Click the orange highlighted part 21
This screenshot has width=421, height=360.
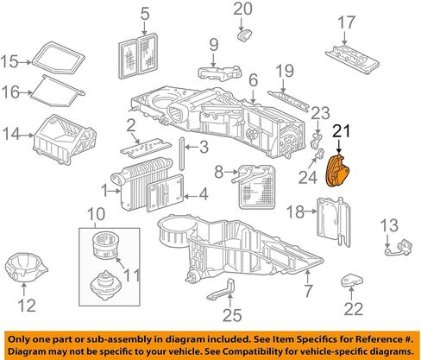[x=337, y=171]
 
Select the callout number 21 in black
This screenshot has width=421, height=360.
[x=342, y=131]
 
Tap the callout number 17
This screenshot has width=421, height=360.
[x=346, y=22]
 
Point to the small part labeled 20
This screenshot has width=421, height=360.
[x=245, y=35]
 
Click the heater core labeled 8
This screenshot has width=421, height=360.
[x=254, y=187]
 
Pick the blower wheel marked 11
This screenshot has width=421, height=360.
[x=105, y=245]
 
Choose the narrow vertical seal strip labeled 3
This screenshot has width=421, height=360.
[x=182, y=155]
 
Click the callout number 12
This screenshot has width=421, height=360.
[x=27, y=306]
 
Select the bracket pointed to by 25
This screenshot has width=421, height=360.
[x=223, y=290]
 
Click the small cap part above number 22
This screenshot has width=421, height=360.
[x=351, y=280]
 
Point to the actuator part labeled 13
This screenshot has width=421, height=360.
[x=399, y=247]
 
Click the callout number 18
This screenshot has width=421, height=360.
[x=295, y=212]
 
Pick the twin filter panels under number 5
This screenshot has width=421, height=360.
[x=139, y=56]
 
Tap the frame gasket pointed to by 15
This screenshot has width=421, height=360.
[x=58, y=58]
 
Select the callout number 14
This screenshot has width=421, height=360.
[x=11, y=134]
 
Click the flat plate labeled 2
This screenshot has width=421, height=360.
[x=146, y=148]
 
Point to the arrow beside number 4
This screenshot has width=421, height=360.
[x=190, y=197]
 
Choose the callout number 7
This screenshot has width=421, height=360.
[x=308, y=291]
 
